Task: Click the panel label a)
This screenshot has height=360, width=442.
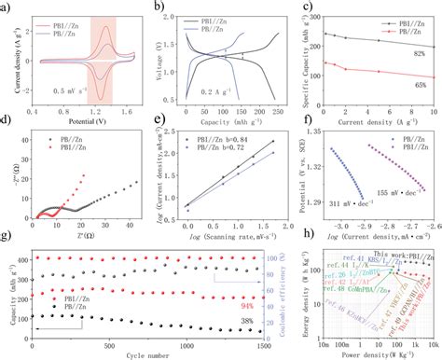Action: (x=8, y=7)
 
